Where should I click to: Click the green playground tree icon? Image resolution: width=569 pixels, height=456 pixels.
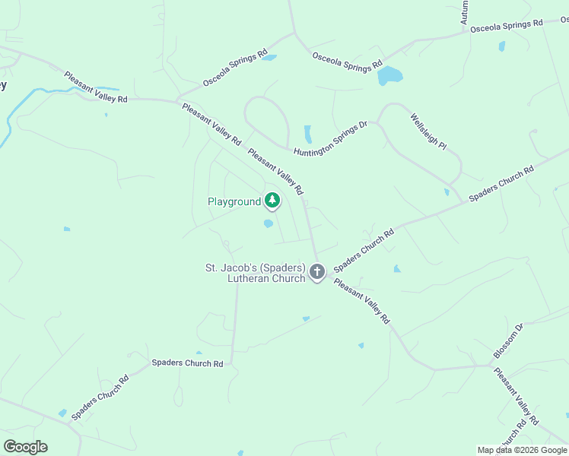[272, 201]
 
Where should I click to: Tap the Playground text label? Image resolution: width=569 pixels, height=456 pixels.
[234, 202]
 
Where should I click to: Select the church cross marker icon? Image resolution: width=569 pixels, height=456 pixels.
[317, 271]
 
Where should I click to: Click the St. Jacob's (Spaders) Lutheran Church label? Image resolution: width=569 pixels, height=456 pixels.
[255, 274]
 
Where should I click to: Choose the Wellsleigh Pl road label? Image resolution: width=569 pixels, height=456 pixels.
[428, 131]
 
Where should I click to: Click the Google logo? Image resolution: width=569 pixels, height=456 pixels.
[25, 447]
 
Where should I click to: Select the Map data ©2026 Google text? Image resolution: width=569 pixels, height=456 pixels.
[522, 450]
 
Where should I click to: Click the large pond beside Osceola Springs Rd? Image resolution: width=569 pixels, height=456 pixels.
[389, 75]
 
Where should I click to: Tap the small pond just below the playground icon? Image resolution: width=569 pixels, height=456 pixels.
[268, 223]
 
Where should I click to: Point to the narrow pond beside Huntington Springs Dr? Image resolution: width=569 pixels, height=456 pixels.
[308, 134]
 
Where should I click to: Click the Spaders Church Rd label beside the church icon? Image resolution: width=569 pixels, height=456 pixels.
[364, 251]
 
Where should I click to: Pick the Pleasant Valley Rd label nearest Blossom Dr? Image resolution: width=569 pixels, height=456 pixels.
[516, 396]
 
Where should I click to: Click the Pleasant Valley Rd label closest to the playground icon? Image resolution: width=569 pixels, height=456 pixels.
[275, 170]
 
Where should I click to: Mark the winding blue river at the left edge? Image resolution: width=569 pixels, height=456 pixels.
[15, 114]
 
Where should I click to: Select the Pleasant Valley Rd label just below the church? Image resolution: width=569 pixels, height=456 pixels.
[361, 302]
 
